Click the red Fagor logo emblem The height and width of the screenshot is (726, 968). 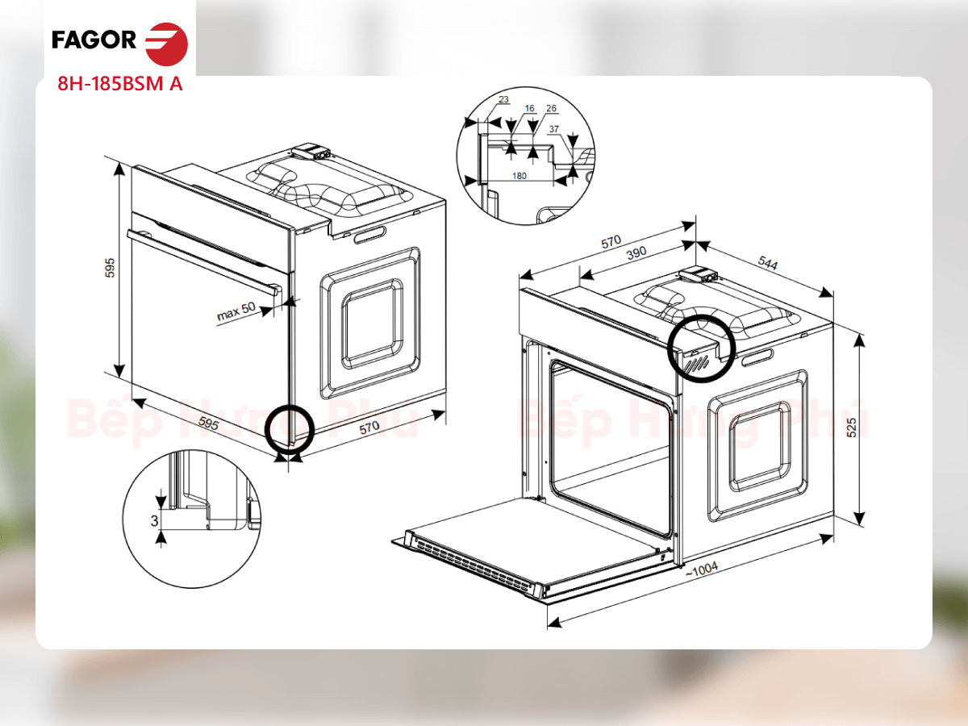167,44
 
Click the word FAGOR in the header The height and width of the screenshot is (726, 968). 94,40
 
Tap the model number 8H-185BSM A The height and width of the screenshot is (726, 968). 119,84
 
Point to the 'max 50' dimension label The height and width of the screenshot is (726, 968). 236,311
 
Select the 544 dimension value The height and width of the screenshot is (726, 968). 768,263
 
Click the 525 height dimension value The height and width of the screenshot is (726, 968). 852,428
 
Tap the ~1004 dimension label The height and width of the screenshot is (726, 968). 702,569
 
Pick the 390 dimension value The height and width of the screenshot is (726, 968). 636,253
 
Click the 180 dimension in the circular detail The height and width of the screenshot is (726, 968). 519,176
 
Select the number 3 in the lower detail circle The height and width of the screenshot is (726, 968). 154,521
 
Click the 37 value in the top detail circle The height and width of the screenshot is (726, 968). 554,129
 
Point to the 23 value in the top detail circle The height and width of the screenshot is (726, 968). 503,99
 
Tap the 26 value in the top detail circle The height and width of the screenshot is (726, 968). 551,108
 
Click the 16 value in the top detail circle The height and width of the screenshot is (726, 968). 530,108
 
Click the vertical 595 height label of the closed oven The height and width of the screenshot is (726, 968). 110,268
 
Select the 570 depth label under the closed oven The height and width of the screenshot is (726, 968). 369,428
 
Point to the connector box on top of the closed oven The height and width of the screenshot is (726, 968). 311,152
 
